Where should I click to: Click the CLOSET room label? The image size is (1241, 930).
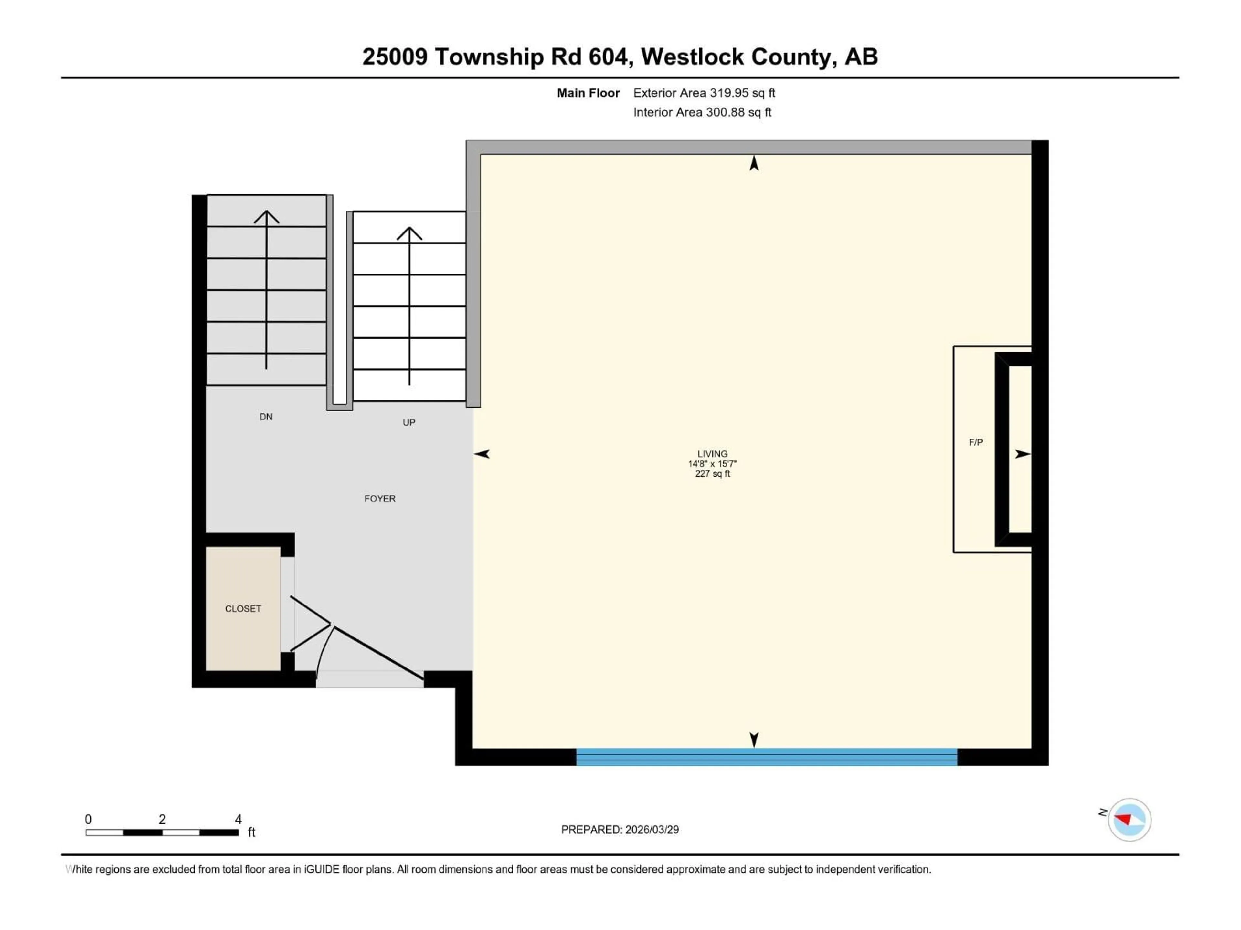point(243,609)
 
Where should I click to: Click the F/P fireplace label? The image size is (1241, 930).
point(976,442)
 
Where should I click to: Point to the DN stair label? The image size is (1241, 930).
point(266,417)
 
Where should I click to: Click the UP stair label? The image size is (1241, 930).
point(409,422)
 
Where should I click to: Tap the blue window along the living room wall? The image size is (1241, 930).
point(766,757)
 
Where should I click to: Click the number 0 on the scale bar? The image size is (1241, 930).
point(88,819)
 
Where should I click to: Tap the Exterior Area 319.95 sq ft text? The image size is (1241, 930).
point(704,93)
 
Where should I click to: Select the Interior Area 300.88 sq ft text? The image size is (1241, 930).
point(702,112)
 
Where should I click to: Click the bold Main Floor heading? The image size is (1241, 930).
point(588,93)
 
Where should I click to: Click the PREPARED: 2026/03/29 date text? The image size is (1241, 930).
point(620,830)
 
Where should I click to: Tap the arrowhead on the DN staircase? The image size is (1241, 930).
point(267,216)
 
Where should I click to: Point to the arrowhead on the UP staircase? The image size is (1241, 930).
point(409,232)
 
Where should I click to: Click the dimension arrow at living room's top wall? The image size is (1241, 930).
point(754,163)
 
